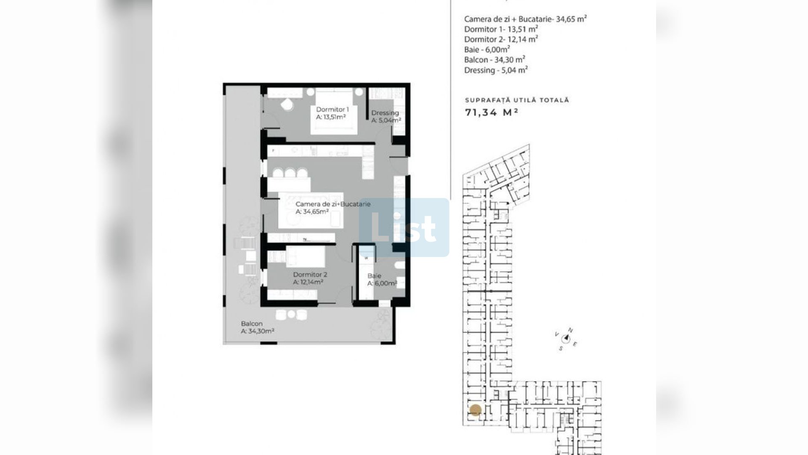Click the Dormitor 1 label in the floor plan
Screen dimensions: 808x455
click(x=332, y=110)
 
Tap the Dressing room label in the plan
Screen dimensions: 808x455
click(x=385, y=113)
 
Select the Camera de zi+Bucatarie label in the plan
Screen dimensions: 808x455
click(x=333, y=204)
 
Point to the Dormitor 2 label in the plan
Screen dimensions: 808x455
click(x=310, y=275)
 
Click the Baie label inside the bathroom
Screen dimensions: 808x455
click(x=374, y=276)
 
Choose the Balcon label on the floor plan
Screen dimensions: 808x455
click(x=252, y=324)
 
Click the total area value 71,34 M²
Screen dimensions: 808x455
click(x=491, y=112)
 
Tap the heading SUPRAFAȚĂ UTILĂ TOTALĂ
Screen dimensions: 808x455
click(x=517, y=100)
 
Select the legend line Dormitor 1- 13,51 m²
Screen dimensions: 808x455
click(x=501, y=29)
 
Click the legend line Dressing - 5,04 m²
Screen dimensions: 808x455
click(x=496, y=70)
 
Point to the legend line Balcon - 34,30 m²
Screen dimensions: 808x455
click(x=495, y=60)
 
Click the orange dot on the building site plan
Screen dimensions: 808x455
click(x=476, y=410)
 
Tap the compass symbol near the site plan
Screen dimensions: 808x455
click(x=566, y=338)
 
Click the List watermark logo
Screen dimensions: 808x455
click(x=404, y=227)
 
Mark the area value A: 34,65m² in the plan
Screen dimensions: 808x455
click(x=312, y=212)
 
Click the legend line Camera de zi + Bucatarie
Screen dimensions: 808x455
click(x=526, y=19)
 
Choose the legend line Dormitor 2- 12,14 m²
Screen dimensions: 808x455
click(x=501, y=39)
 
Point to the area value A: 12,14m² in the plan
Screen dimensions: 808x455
click(x=308, y=282)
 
